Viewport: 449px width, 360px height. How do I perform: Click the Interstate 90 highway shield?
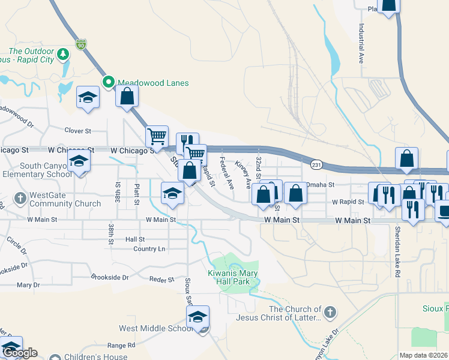81,44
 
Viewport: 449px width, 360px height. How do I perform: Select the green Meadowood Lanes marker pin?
109,83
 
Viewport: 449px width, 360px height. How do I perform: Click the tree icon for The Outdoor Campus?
63,56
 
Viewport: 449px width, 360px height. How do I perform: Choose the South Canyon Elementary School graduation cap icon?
79,161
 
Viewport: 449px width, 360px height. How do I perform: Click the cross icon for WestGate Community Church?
20,197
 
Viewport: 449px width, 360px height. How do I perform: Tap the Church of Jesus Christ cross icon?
330,312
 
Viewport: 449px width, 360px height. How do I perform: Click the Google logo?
19,353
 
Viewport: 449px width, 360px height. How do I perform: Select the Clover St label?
77,130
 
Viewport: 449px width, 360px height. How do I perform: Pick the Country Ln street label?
149,248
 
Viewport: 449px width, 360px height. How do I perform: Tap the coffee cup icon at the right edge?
444,212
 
